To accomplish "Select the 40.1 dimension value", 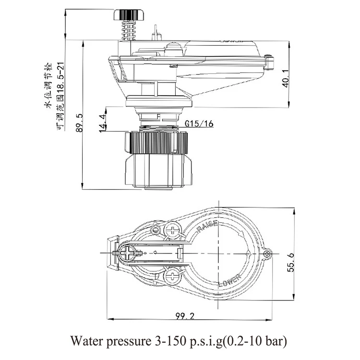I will (x=286, y=77).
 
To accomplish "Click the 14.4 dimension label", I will (x=102, y=123).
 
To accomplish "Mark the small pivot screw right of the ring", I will (x=267, y=252).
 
